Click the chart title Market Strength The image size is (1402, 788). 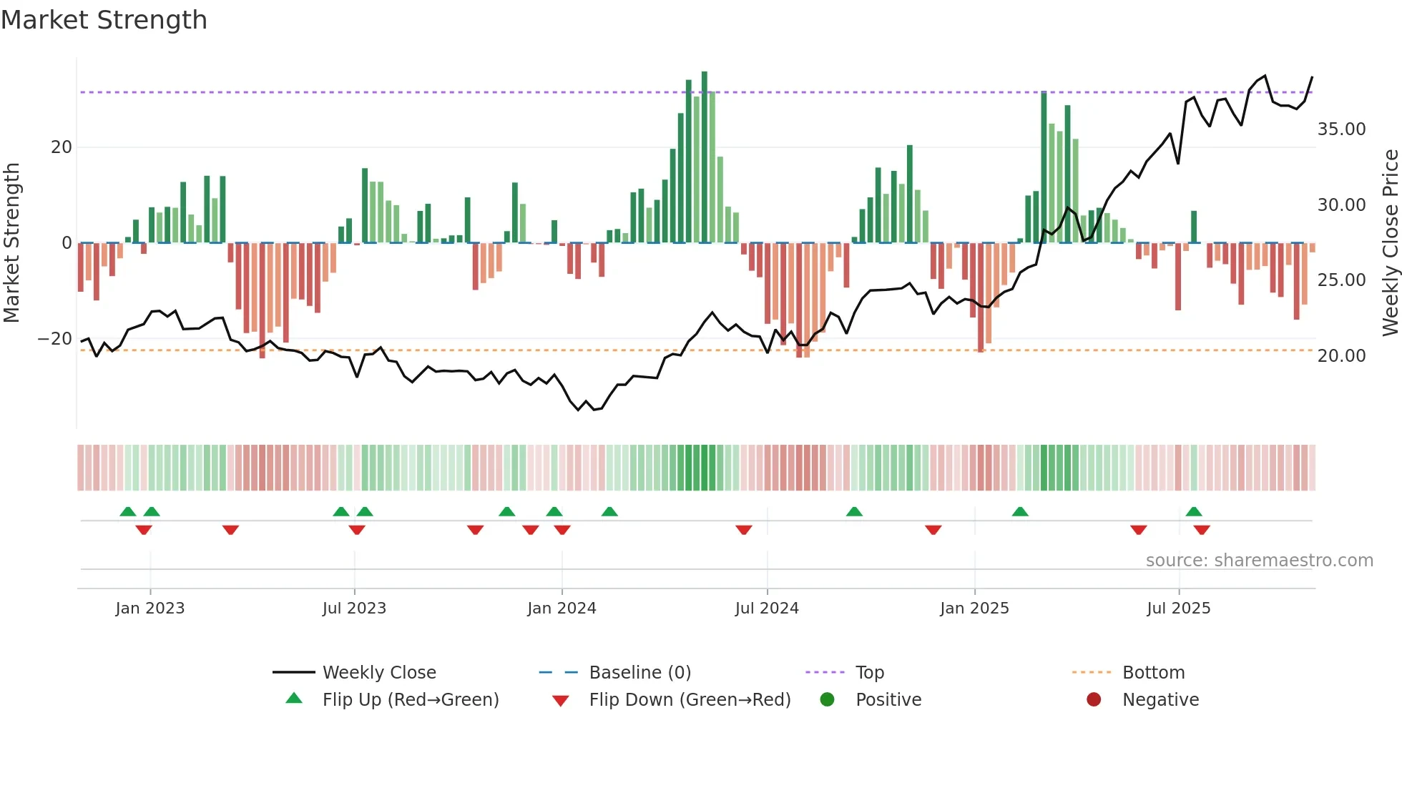pos(104,20)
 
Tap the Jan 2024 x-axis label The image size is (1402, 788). pos(562,609)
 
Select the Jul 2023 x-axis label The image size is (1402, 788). pos(354,609)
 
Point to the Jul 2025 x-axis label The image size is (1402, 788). pos(1178,609)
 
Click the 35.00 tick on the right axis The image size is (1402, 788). pos(1341,129)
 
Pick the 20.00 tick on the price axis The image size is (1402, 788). pos(1341,356)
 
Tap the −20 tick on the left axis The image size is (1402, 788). pos(55,339)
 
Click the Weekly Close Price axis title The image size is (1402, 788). pos(1390,243)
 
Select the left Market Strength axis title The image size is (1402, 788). pos(11,243)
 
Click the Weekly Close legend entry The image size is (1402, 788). pos(379,673)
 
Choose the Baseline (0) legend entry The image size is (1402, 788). pos(639,673)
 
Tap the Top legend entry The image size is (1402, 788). pos(870,673)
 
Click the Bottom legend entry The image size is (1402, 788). pos(1153,673)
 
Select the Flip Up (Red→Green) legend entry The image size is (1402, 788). pos(410,700)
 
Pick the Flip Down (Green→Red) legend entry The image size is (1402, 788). pos(690,700)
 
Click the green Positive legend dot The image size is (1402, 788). pos(828,700)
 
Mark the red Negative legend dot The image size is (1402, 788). pos(1094,700)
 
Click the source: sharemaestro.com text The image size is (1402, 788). pos(1259,561)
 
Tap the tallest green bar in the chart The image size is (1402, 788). pos(705,157)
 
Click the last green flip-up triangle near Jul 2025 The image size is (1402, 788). pos(1194,512)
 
